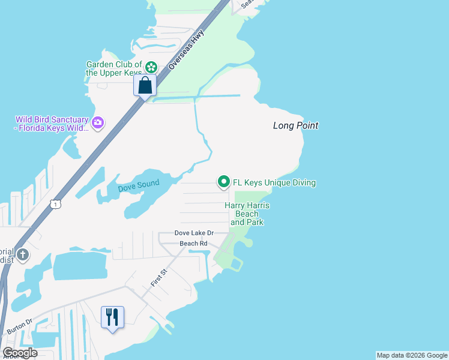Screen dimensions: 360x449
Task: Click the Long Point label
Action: click(295, 126)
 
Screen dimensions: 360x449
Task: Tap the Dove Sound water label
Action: click(139, 187)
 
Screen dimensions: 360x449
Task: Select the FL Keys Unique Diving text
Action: click(274, 182)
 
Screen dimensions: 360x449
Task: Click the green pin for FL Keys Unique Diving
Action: click(224, 181)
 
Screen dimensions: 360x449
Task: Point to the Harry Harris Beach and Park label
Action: click(247, 214)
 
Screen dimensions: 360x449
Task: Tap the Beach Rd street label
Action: click(193, 244)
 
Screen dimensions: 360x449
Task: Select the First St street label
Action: click(158, 278)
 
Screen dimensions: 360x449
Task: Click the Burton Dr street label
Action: click(20, 327)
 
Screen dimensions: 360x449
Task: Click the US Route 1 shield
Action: click(55, 205)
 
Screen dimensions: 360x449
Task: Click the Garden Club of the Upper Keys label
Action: click(114, 68)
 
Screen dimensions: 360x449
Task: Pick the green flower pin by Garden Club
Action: click(151, 67)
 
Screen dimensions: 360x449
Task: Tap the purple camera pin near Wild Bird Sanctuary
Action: click(98, 124)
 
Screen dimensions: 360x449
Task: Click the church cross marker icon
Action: click(23, 255)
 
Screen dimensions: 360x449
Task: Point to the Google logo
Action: click(20, 353)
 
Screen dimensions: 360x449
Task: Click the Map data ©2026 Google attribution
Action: click(412, 355)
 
